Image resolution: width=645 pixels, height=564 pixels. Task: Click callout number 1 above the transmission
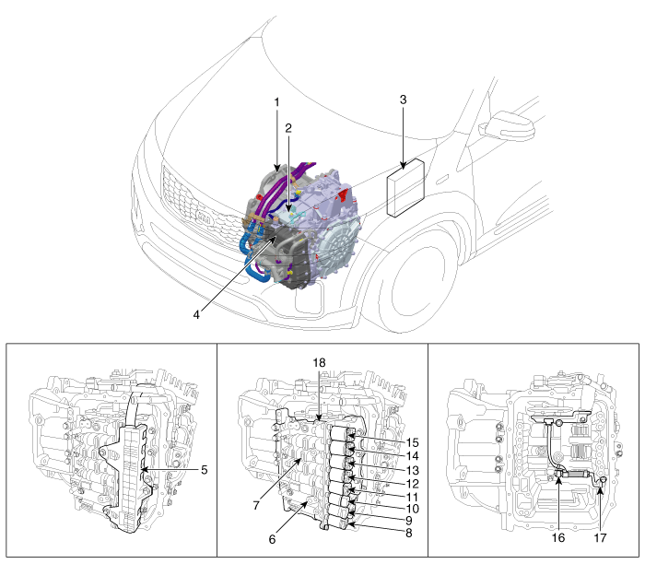click(276, 102)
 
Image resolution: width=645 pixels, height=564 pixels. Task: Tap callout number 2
click(288, 128)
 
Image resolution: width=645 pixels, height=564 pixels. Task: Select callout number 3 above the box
click(404, 100)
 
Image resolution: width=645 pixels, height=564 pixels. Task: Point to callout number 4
click(196, 314)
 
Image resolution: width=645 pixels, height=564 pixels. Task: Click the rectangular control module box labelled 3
click(406, 187)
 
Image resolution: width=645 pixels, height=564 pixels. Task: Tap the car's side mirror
click(510, 125)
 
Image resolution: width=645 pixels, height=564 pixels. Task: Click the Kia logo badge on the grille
click(204, 217)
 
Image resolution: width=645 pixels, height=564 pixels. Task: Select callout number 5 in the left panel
click(205, 470)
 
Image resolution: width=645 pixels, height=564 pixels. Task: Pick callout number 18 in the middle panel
click(319, 362)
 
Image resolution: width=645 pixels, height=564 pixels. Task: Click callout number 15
click(412, 442)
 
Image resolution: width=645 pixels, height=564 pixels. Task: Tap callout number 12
click(412, 484)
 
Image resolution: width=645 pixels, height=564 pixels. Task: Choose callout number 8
click(408, 533)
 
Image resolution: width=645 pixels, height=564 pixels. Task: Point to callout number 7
click(256, 505)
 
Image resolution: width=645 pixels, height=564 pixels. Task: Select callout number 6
click(272, 539)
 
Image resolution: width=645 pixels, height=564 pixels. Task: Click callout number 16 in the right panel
click(558, 537)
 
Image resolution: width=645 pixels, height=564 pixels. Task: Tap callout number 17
click(600, 537)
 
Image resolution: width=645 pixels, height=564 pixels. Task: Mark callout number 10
click(412, 509)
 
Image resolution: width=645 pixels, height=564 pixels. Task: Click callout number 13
click(412, 470)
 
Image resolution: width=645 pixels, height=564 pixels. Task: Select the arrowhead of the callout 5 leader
click(143, 469)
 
